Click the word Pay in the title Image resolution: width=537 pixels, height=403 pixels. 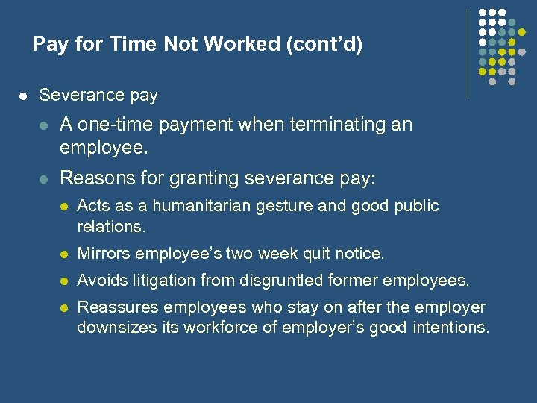tap(49, 45)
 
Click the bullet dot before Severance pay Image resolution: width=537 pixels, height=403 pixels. tap(23, 96)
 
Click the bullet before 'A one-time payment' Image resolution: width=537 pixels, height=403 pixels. tap(44, 125)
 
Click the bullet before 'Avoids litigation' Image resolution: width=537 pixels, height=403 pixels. tap(64, 281)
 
